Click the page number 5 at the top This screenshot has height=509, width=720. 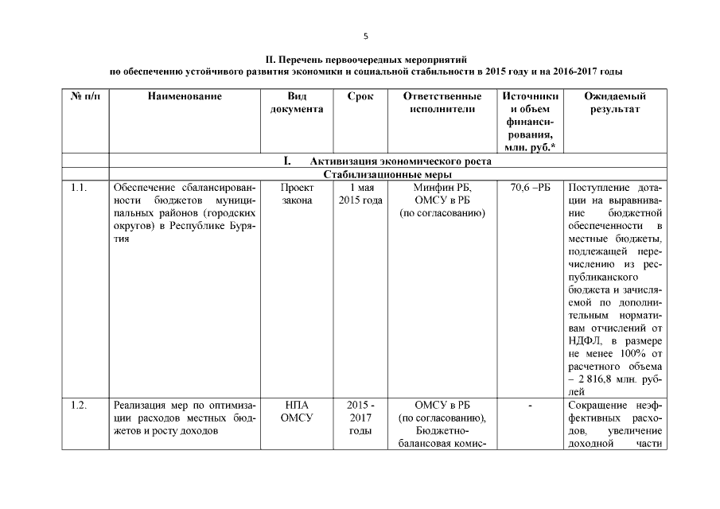[x=365, y=36]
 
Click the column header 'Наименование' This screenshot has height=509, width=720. [x=184, y=96]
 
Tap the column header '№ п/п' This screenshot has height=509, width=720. [x=85, y=96]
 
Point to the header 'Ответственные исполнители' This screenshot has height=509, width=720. [x=442, y=103]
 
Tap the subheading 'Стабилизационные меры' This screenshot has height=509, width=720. [x=388, y=174]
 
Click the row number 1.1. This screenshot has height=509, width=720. [x=78, y=188]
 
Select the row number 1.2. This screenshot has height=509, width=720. [x=78, y=406]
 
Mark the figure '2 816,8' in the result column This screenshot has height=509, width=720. [x=597, y=379]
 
